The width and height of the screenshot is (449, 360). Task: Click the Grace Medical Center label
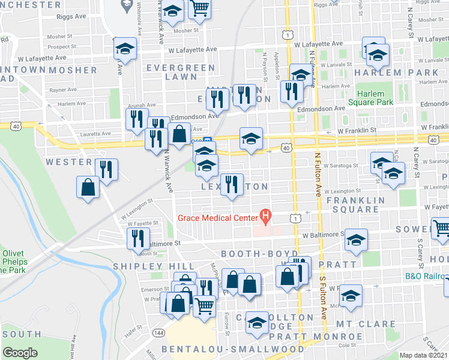pyautogui.click(x=217, y=217)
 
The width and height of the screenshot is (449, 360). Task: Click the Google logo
pyautogui.click(x=20, y=353)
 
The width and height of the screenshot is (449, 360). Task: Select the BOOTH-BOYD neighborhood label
pyautogui.click(x=259, y=254)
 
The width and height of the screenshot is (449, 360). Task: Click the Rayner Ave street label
pyautogui.click(x=64, y=90)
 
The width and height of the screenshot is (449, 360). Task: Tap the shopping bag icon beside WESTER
pyautogui.click(x=88, y=187)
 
